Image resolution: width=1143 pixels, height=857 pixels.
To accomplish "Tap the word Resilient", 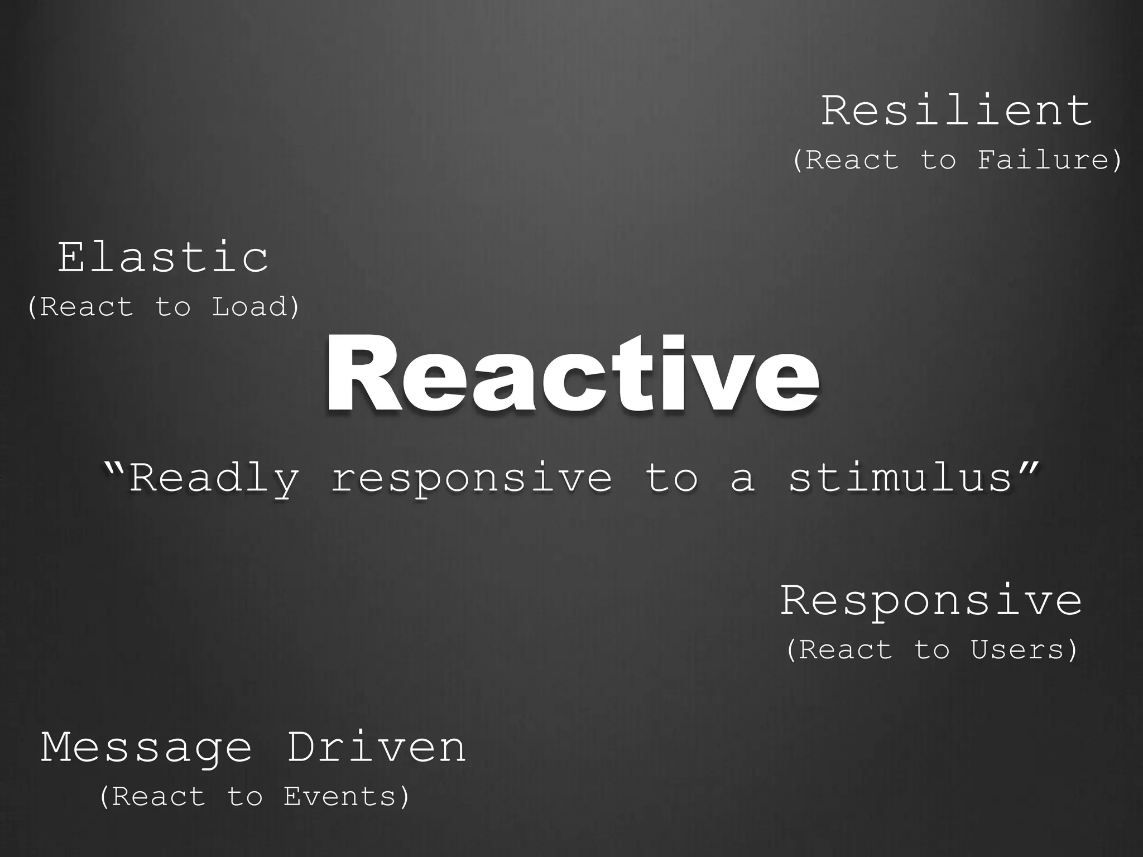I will (x=956, y=112).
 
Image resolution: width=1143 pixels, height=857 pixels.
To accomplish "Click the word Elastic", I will (x=163, y=258).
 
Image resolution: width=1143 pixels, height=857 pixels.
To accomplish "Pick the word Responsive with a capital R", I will (x=931, y=601).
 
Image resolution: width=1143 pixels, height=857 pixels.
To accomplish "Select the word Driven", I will (x=376, y=748).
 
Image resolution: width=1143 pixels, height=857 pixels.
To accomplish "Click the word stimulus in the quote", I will (x=900, y=478).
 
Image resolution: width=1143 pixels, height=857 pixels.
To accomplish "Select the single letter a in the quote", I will (x=743, y=480).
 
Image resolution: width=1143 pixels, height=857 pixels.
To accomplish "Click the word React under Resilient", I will (x=852, y=160).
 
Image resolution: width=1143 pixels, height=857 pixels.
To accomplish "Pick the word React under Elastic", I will (x=87, y=307).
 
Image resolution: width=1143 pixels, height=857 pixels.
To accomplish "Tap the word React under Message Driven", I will (x=159, y=796).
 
